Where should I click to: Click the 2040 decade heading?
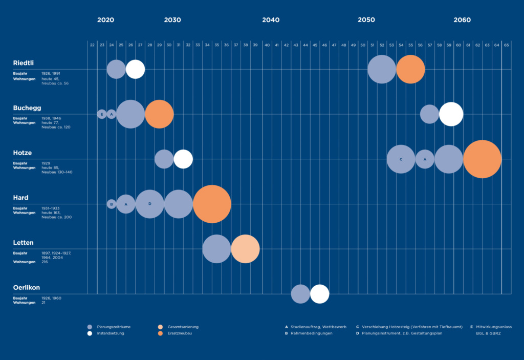tap(271, 20)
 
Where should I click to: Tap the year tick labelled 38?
tap(246, 45)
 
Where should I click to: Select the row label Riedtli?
tap(24, 63)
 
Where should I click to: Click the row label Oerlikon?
tap(27, 288)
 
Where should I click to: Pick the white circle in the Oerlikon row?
tap(319, 294)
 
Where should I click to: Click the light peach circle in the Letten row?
tap(245, 249)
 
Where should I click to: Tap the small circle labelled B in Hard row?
tap(112, 204)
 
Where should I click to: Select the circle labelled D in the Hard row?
tap(150, 204)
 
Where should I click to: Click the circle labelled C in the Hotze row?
tap(401, 159)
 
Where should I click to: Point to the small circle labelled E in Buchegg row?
tap(102, 114)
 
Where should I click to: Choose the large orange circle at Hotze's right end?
tap(482, 159)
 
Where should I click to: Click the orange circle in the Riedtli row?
tap(410, 69)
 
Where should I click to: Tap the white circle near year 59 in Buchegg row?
tap(451, 114)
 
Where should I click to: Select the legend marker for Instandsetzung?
tap(90, 333)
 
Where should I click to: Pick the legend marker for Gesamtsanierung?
tap(161, 327)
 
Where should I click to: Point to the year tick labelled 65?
tap(506, 45)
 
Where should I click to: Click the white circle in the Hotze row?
tap(183, 159)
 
